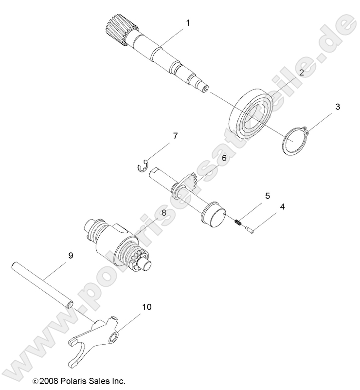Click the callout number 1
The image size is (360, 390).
(188, 22)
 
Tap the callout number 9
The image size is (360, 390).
(71, 256)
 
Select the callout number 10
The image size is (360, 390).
(146, 307)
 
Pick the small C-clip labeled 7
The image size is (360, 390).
(141, 167)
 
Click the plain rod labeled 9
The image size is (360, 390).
(44, 287)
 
